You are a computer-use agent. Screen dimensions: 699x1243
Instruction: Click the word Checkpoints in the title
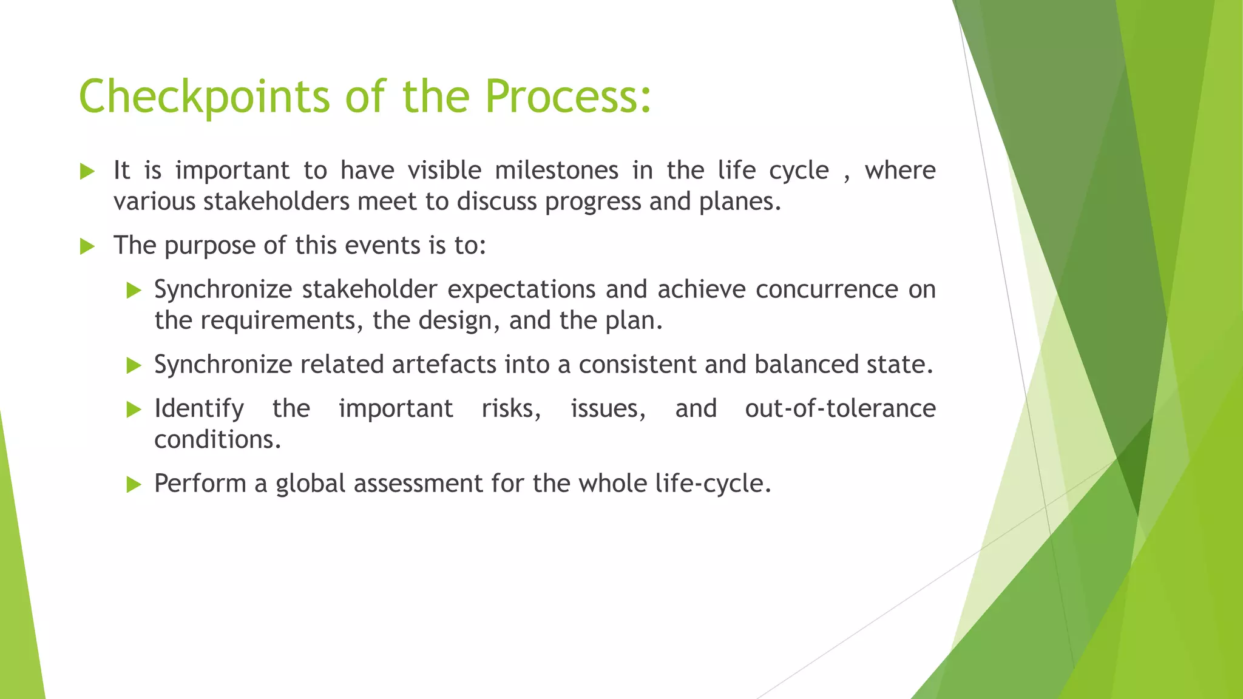coord(205,97)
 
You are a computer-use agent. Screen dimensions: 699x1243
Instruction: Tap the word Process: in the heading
coord(568,97)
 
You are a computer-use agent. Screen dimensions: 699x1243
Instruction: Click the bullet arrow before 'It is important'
coord(87,172)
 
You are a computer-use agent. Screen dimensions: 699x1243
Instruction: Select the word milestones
coord(556,171)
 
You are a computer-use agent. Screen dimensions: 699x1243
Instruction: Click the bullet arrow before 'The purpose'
coord(87,247)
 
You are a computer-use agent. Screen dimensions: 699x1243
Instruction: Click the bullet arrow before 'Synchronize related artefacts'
coord(134,366)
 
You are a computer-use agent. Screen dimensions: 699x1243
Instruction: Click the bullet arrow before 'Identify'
coord(134,410)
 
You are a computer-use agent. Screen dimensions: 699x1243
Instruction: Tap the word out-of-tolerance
coord(840,408)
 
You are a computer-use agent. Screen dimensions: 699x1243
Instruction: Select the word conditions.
coord(217,440)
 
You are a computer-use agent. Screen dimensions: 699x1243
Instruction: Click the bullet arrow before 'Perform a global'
coord(134,485)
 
